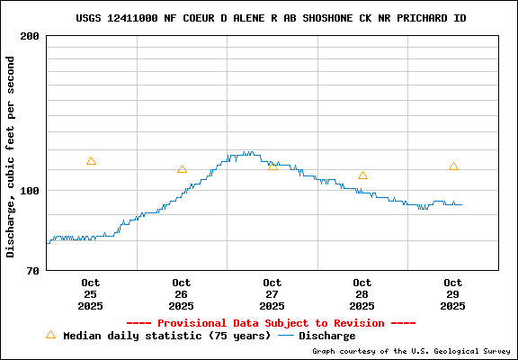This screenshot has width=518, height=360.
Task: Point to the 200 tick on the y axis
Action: [30, 36]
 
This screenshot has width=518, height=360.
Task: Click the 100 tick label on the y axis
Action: [30, 191]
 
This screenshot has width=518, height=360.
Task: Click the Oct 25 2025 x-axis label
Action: [91, 294]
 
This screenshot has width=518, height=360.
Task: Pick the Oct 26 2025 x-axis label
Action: [182, 294]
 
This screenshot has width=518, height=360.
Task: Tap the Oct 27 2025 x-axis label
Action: [272, 294]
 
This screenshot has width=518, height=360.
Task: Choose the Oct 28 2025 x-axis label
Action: [362, 294]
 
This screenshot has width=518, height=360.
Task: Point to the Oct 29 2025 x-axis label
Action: [453, 294]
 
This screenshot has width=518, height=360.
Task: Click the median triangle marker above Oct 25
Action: [91, 161]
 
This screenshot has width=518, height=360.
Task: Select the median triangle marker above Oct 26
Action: [182, 168]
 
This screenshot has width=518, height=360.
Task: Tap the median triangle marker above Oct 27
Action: [272, 166]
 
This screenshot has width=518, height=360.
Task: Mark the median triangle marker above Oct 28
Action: [362, 175]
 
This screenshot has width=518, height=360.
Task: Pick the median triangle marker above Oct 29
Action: [453, 166]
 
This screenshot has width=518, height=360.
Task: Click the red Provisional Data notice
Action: [271, 323]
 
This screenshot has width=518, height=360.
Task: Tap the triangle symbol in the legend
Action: [50, 335]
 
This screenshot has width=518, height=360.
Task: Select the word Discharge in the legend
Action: [326, 336]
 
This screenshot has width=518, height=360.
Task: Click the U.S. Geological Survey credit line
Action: [411, 351]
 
